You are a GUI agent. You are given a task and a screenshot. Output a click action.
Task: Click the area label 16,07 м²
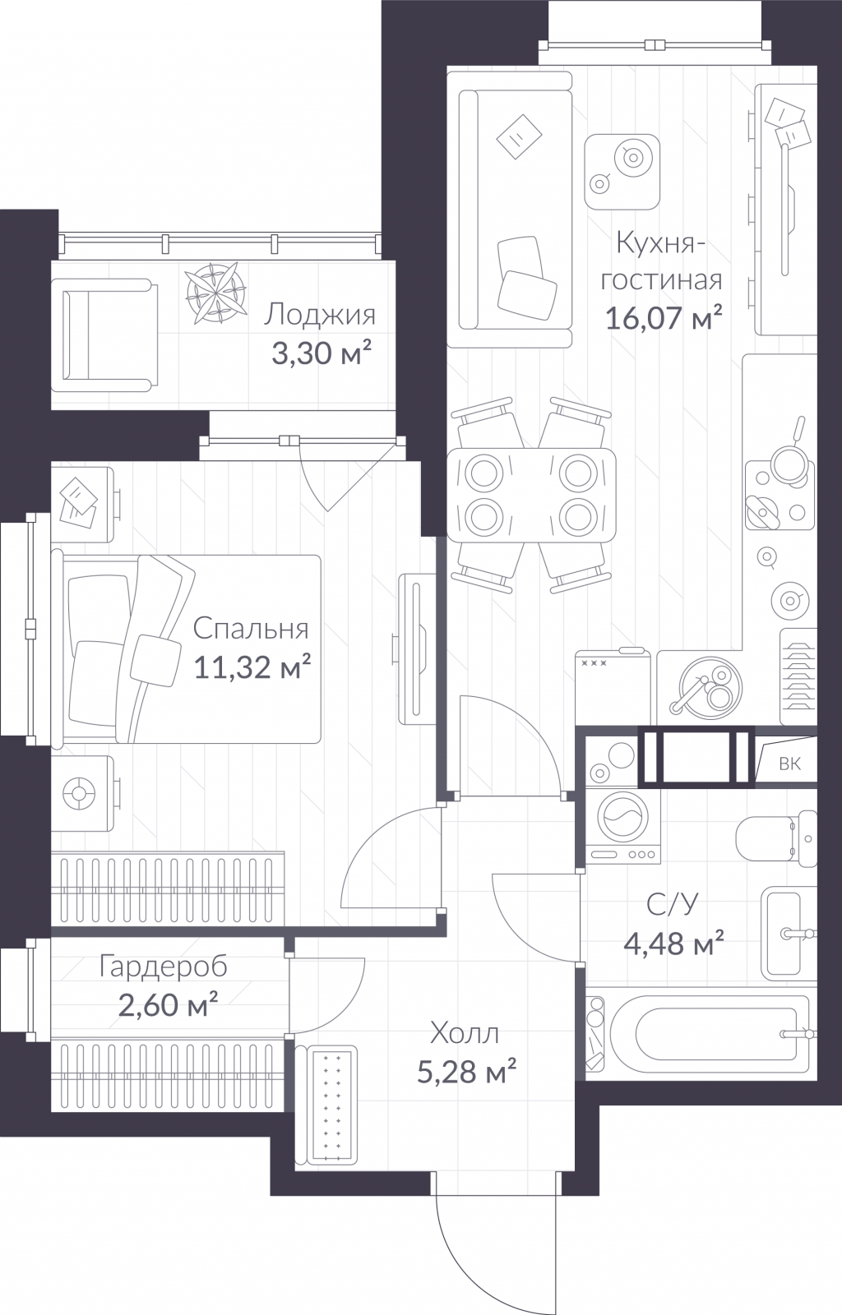[x=663, y=318]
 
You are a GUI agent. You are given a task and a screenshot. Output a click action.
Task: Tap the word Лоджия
[x=319, y=316]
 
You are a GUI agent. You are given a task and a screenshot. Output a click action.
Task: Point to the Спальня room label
[x=251, y=629]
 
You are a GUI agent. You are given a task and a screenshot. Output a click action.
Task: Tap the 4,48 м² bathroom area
[x=673, y=943]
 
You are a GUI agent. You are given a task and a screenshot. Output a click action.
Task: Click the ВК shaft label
[x=789, y=764]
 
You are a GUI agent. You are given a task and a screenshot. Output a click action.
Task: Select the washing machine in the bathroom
[x=622, y=826]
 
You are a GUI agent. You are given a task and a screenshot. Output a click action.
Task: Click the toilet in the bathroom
[x=776, y=839]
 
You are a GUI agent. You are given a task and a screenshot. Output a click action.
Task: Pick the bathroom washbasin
[x=789, y=933]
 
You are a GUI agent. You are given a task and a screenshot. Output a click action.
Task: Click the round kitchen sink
[x=710, y=687]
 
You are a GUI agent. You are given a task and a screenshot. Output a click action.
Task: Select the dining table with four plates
[x=531, y=494]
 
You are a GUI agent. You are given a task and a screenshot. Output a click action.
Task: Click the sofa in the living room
[x=509, y=209]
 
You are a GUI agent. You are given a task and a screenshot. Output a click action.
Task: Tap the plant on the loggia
[x=215, y=293]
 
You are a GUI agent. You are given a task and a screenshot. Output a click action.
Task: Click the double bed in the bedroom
[x=186, y=648]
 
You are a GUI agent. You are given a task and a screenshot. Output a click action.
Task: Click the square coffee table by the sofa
[x=622, y=172]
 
